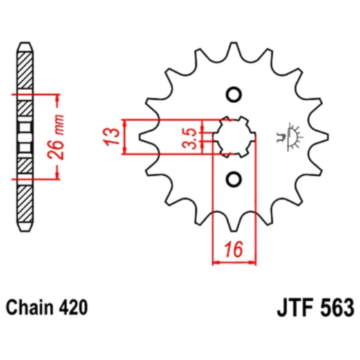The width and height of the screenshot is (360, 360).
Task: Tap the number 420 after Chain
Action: [73, 307]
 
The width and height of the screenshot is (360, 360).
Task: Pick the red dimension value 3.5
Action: [187, 136]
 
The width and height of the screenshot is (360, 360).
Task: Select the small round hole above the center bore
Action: [233, 95]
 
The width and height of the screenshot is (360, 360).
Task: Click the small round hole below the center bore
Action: [233, 179]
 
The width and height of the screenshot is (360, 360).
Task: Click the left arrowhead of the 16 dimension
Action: [215, 262]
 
